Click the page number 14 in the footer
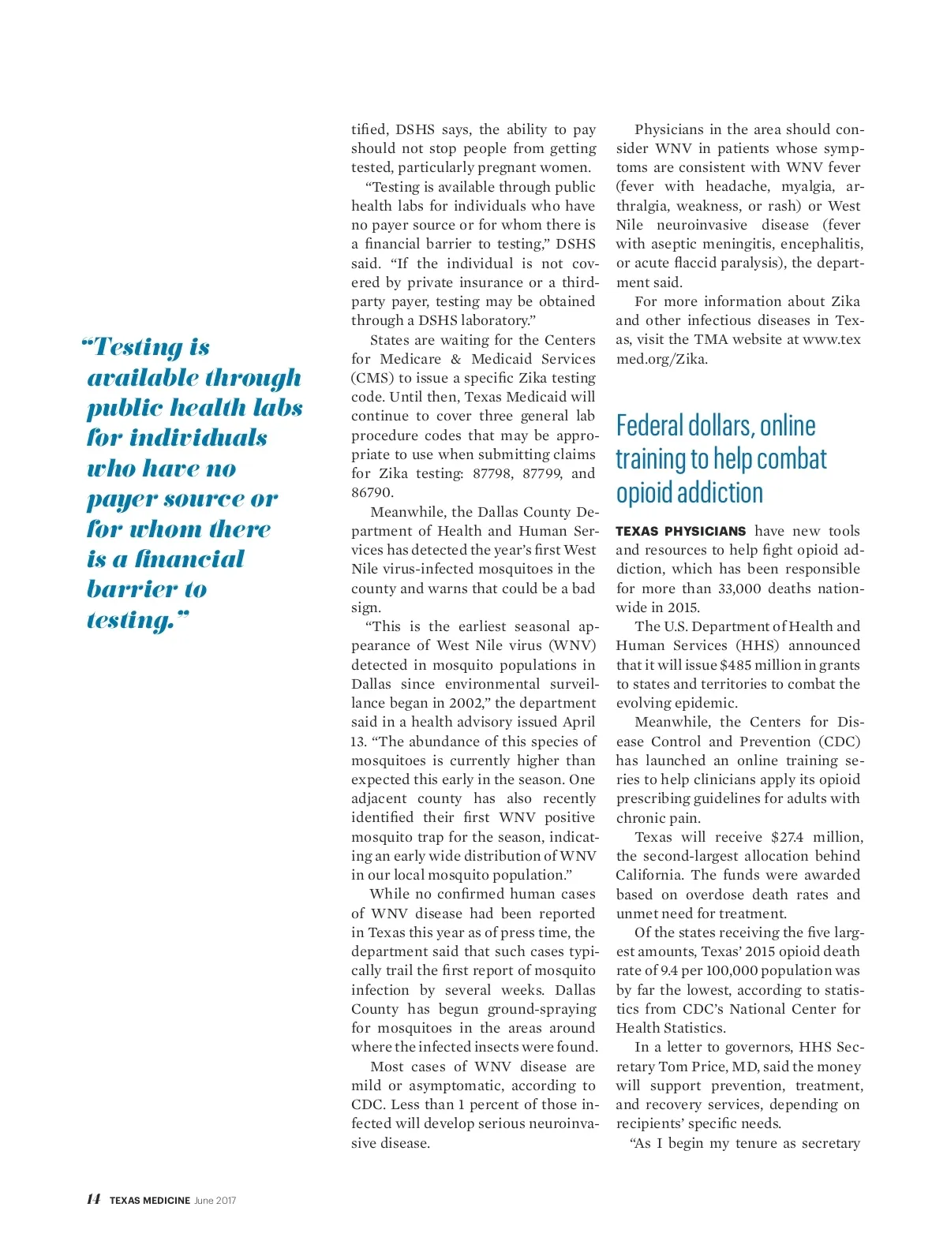(94, 1199)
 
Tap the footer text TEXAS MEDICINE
(150, 1201)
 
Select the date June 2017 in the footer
(215, 1201)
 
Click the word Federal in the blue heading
(649, 426)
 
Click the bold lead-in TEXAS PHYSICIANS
(680, 532)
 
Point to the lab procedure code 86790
(372, 492)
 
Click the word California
(649, 875)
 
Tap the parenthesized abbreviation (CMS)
(372, 378)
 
